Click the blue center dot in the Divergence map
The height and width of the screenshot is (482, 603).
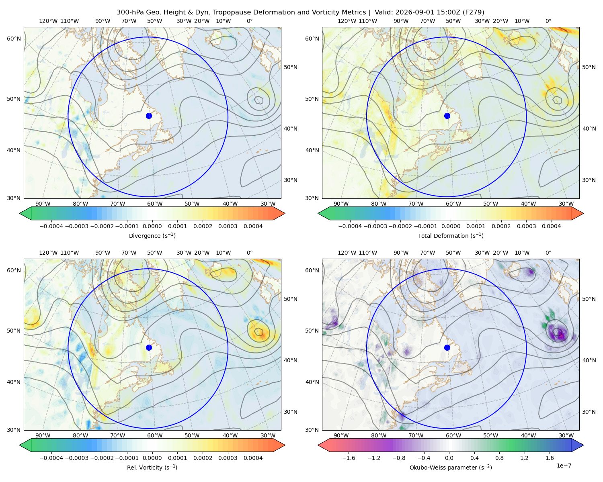pyautogui.click(x=149, y=116)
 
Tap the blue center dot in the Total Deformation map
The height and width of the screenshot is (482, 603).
pyautogui.click(x=447, y=116)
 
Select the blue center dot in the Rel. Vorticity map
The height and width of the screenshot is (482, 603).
pyautogui.click(x=149, y=347)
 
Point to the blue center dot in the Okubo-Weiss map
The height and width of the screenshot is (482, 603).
pyautogui.click(x=447, y=347)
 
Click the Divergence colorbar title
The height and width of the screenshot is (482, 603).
pyautogui.click(x=152, y=235)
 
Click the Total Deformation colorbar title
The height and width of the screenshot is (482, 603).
pyautogui.click(x=451, y=235)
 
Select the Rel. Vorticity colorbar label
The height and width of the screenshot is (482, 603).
pyautogui.click(x=152, y=467)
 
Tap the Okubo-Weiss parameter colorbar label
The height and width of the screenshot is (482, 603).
pyautogui.click(x=451, y=467)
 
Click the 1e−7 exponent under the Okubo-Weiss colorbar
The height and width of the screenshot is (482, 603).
pyautogui.click(x=564, y=466)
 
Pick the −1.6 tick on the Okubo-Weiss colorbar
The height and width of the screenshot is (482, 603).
pyautogui.click(x=349, y=457)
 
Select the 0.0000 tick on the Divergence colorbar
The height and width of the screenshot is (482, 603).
pyautogui.click(x=152, y=226)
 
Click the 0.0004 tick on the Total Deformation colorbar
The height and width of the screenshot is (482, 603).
pyautogui.click(x=551, y=226)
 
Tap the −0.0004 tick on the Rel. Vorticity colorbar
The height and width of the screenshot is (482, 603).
pyautogui.click(x=51, y=457)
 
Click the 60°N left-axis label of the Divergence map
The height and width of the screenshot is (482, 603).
pyautogui.click(x=14, y=39)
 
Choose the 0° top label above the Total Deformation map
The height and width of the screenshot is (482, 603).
pyautogui.click(x=548, y=21)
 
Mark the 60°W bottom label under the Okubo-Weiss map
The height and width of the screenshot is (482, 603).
pyautogui.click(x=453, y=435)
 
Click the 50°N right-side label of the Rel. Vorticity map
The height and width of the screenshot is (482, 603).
pyautogui.click(x=290, y=299)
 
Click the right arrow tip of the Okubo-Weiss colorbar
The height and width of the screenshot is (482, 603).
pyautogui.click(x=583, y=445)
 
